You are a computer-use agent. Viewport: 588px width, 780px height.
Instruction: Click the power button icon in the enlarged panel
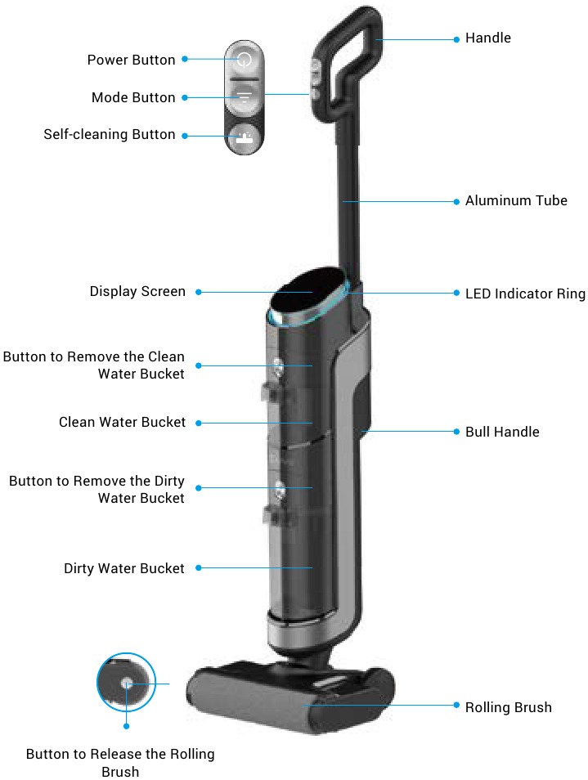(244, 60)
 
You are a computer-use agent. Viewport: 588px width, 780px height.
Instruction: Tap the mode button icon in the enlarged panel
(244, 96)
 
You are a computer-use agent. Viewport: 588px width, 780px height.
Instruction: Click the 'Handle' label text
(488, 38)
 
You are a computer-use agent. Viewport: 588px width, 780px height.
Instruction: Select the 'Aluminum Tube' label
(516, 200)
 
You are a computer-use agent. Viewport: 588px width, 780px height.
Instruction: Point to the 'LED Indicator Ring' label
(525, 294)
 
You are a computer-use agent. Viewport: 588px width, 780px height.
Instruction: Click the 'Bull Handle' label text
(502, 432)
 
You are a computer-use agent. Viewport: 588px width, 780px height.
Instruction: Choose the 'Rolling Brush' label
(509, 707)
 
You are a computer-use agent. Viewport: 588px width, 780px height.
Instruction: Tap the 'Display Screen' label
(137, 292)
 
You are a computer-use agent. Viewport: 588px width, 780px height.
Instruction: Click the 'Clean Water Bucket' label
(122, 423)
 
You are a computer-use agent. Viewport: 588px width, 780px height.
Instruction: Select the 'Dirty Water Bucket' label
(123, 568)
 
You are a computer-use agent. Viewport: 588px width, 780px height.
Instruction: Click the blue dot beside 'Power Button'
(185, 59)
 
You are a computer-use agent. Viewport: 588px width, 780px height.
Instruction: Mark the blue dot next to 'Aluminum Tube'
(456, 201)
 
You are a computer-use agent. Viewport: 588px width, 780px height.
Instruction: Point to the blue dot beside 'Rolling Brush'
(456, 706)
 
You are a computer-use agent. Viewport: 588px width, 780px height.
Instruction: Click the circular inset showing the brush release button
(127, 683)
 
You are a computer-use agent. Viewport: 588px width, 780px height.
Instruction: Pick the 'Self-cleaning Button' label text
(110, 135)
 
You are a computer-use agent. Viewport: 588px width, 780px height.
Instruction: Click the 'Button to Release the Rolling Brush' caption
(120, 763)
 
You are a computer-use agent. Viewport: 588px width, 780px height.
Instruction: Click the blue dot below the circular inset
(127, 726)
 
